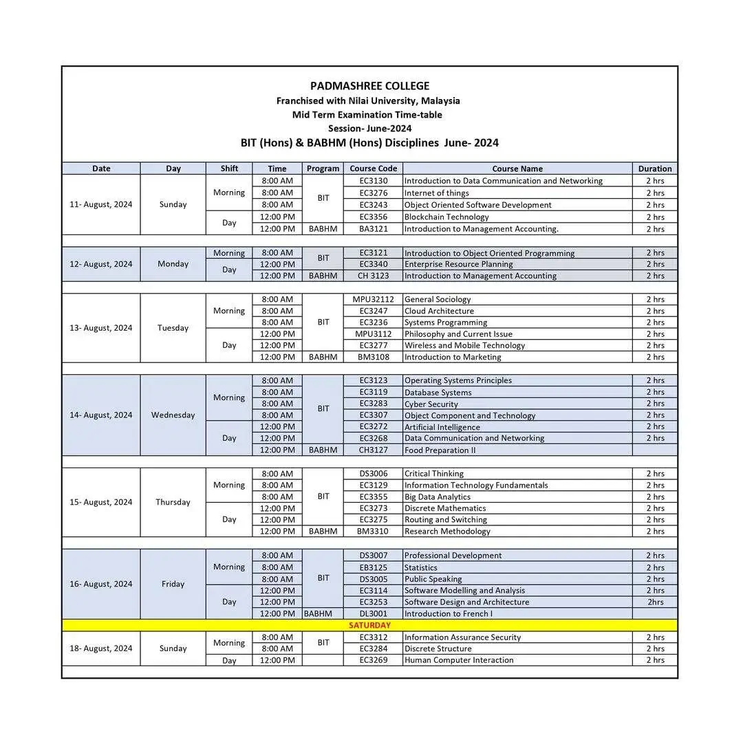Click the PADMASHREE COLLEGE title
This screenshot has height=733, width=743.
click(369, 86)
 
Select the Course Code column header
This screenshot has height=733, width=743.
click(373, 168)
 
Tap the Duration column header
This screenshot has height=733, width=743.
click(654, 168)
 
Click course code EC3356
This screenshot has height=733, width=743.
click(373, 217)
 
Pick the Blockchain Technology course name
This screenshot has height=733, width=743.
click(446, 217)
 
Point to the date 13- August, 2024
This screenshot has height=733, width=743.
click(100, 328)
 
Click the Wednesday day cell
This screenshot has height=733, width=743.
click(173, 415)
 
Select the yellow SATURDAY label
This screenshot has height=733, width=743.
click(369, 625)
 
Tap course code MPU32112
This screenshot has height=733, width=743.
click(373, 299)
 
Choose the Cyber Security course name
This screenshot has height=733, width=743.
click(431, 404)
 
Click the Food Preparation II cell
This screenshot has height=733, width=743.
click(440, 450)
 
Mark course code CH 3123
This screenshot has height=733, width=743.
click(373, 276)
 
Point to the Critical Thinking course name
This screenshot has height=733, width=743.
click(434, 473)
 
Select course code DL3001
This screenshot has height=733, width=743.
click(373, 613)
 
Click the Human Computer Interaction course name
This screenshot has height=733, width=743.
click(459, 660)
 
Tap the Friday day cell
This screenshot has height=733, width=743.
click(173, 584)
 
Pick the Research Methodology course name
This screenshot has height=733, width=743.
click(447, 531)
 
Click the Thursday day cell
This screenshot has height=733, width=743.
click(173, 502)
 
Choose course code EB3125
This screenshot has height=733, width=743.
click(373, 567)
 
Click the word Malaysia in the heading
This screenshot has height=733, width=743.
click(440, 100)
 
